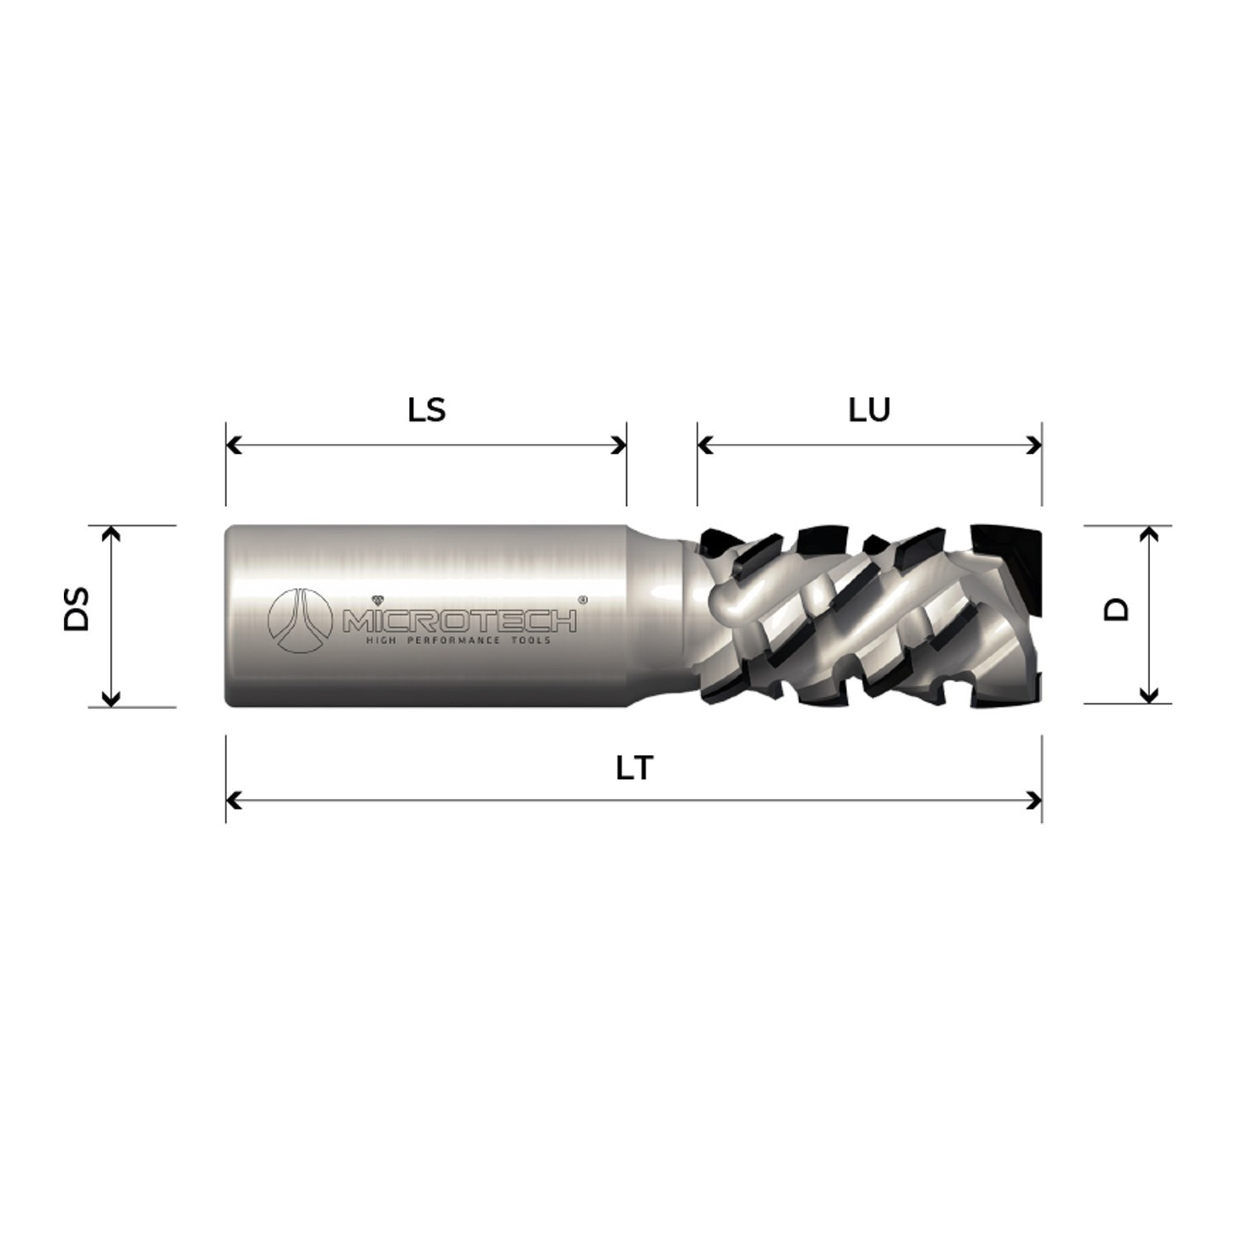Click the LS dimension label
click(426, 410)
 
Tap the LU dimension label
click(869, 410)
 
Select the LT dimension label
click(634, 769)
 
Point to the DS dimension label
click(77, 610)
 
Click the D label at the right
click(1118, 610)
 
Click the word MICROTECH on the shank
click(460, 621)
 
